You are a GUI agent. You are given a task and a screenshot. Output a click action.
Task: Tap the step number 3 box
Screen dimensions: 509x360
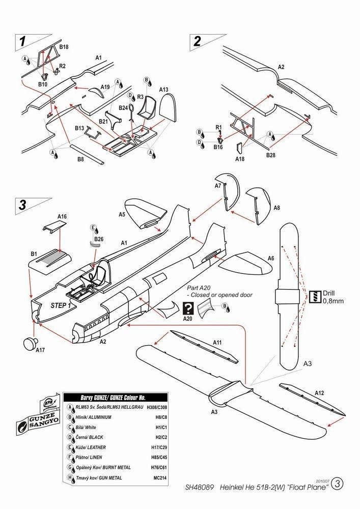click(x=22, y=205)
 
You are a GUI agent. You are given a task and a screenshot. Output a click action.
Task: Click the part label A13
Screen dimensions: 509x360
click(x=163, y=90)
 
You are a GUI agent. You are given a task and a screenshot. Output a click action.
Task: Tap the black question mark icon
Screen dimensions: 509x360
click(x=187, y=307)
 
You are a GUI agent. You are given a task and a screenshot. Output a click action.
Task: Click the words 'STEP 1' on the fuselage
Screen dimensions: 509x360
click(x=61, y=305)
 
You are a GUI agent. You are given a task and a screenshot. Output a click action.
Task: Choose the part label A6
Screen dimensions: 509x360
click(x=271, y=258)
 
